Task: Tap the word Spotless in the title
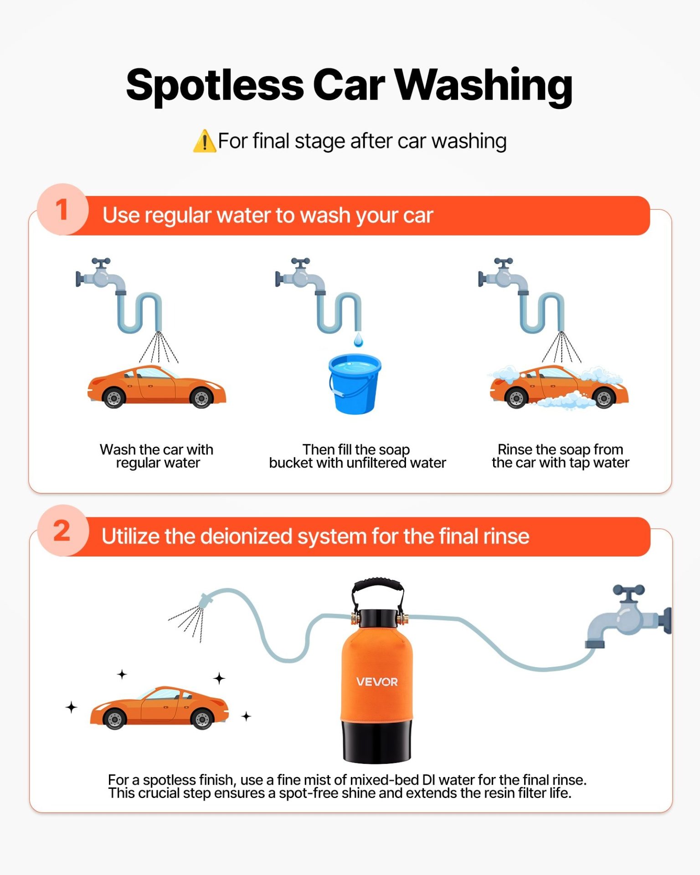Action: [215, 86]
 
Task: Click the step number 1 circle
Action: [62, 210]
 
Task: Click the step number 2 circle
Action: [62, 530]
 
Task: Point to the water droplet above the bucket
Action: [359, 340]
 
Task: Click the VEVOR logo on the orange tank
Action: [377, 682]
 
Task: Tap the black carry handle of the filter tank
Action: [377, 588]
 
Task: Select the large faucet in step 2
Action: [628, 615]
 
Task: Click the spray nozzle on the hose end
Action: [206, 601]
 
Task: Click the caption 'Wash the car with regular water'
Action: [157, 456]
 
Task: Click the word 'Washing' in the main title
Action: [484, 86]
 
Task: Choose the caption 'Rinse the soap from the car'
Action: [561, 456]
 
